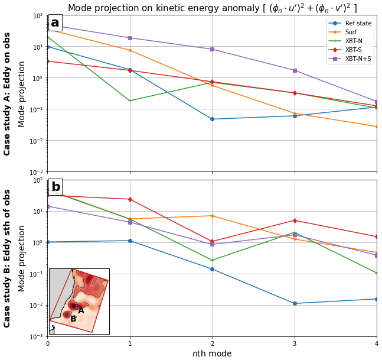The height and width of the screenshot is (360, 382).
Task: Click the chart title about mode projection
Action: pyautogui.click(x=212, y=8)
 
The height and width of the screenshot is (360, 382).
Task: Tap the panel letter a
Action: pyautogui.click(x=55, y=23)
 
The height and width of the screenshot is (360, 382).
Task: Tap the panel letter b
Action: pyautogui.click(x=55, y=187)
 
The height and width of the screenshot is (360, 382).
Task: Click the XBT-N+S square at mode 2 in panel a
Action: pyautogui.click(x=213, y=49)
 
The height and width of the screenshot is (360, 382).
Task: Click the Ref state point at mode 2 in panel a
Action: pyautogui.click(x=213, y=119)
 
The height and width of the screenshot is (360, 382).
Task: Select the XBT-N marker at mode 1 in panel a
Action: pyautogui.click(x=130, y=100)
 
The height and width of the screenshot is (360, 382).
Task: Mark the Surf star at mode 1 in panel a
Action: pyautogui.click(x=130, y=50)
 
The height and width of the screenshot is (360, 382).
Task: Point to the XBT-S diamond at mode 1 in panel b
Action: pyautogui.click(x=130, y=199)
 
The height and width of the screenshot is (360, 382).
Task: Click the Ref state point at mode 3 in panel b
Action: pyautogui.click(x=295, y=303)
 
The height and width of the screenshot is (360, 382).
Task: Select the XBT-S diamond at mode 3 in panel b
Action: pyautogui.click(x=295, y=220)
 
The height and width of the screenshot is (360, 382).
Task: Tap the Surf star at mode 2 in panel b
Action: pyautogui.click(x=213, y=216)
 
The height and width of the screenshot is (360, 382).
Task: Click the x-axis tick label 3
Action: pyautogui.click(x=295, y=343)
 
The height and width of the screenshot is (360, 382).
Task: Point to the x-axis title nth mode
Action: pyautogui.click(x=212, y=353)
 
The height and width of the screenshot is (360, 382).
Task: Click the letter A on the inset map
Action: pyautogui.click(x=81, y=310)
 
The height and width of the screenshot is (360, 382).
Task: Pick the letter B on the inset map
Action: pyautogui.click(x=73, y=319)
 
